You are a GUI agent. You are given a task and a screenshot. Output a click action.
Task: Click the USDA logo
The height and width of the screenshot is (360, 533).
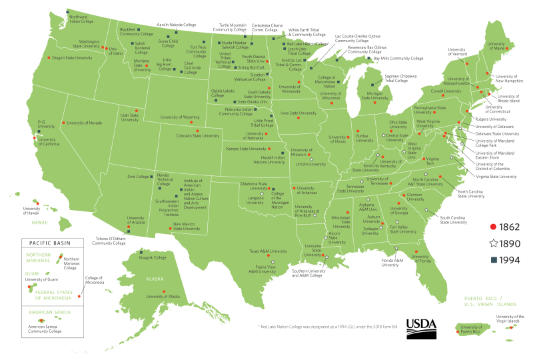pyautogui.click(x=420, y=325)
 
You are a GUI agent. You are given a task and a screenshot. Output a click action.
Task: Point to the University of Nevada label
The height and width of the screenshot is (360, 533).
pyautogui.click(x=85, y=123)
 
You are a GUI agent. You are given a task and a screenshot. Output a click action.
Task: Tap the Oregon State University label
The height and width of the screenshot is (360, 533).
pyautogui.click(x=72, y=58)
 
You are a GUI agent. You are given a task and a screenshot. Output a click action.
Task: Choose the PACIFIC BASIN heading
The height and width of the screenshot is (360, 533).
pyautogui.click(x=50, y=244)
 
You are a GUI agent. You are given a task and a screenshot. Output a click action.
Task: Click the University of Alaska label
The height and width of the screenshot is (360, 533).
pyautogui.click(x=163, y=296)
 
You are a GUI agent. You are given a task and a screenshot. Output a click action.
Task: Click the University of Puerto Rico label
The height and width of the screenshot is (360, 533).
pyautogui.click(x=471, y=329)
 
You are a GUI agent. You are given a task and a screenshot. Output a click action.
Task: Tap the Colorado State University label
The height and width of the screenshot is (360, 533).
pyautogui.click(x=179, y=136)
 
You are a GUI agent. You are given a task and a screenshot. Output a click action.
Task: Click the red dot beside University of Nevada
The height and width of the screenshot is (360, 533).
pyautogui.click(x=63, y=123)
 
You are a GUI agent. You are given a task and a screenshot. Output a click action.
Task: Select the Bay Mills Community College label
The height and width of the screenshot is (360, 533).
pyautogui.click(x=398, y=58)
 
